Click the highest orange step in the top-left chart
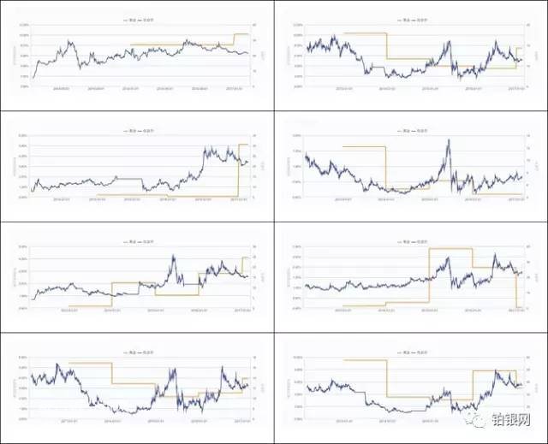(x=241, y=34)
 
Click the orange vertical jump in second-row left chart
(x=237, y=170)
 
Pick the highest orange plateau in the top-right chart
(x=363, y=33)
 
